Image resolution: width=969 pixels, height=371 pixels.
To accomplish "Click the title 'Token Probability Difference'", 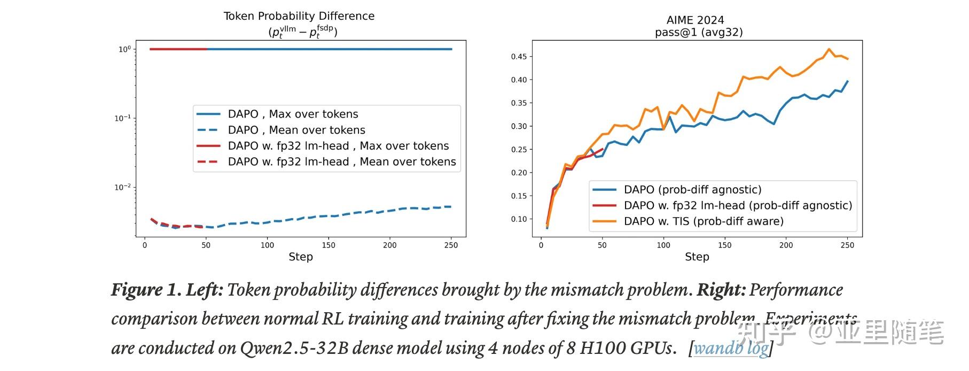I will click(x=299, y=16).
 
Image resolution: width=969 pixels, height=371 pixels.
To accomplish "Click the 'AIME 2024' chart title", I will click(x=695, y=20).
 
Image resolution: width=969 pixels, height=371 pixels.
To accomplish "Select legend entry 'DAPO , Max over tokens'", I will click(x=293, y=114).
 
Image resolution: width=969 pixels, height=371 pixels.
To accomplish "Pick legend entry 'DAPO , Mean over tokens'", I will click(x=296, y=130).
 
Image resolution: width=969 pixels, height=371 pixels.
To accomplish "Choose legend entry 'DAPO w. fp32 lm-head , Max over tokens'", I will click(x=338, y=146).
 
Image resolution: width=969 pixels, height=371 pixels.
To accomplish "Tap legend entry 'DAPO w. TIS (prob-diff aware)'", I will click(x=703, y=221).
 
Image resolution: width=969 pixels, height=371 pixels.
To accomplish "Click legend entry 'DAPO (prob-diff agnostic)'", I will click(x=692, y=190).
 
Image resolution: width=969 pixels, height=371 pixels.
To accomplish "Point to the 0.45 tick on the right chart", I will click(x=519, y=57).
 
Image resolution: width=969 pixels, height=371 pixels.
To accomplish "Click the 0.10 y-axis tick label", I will click(x=519, y=219).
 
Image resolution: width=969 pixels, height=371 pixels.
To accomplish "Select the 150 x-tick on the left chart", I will click(x=329, y=245).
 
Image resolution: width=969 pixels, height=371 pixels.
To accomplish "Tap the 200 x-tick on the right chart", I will click(x=786, y=245).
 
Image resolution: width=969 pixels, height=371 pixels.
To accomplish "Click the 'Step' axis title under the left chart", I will click(x=301, y=257).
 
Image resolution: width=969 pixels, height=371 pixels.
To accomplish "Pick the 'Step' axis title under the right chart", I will click(x=697, y=257).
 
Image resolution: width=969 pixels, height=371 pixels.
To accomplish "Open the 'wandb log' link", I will click(x=731, y=349).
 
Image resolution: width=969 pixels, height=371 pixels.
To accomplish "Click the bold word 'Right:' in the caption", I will click(x=721, y=290).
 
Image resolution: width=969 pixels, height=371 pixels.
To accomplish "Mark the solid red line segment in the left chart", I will click(x=178, y=49).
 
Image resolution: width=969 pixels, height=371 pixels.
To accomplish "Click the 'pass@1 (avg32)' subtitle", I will click(x=699, y=32).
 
